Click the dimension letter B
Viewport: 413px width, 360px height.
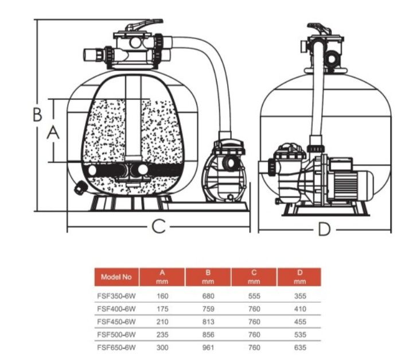click(x=37, y=114)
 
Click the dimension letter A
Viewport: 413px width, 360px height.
click(x=53, y=133)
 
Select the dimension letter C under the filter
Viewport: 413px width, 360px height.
click(x=158, y=226)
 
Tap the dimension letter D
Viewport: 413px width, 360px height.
click(x=324, y=229)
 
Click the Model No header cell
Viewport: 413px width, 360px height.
click(x=116, y=277)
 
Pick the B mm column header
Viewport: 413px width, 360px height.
click(x=208, y=277)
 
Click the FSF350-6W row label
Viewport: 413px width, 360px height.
click(x=116, y=296)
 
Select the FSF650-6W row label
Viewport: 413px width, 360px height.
click(x=116, y=347)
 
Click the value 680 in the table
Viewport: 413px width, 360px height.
click(x=208, y=296)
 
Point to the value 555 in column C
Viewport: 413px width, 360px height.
click(x=254, y=296)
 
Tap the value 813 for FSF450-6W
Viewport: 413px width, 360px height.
click(x=208, y=322)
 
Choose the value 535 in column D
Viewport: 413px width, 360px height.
click(x=300, y=335)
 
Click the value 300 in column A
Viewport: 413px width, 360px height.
click(x=162, y=347)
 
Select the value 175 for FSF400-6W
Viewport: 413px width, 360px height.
click(x=162, y=309)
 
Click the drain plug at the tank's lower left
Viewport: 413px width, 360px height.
click(x=80, y=187)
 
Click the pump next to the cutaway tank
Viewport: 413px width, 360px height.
click(x=225, y=172)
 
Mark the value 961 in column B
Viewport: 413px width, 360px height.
click(x=208, y=347)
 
